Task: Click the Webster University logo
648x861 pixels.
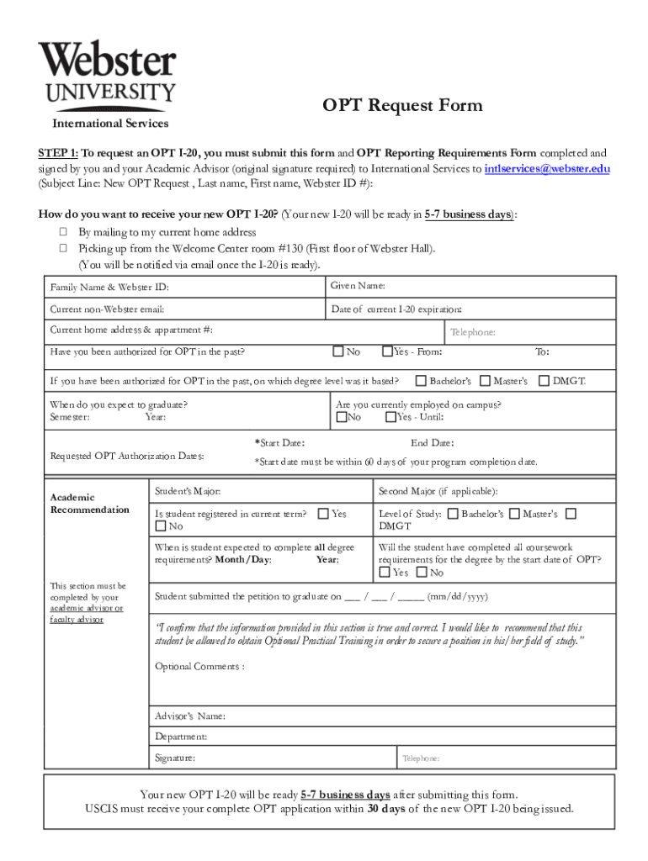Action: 106,76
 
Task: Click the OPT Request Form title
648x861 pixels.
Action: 403,105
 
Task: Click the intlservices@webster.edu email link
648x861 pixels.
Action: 547,168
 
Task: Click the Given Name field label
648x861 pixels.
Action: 359,287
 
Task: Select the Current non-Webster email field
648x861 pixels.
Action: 108,309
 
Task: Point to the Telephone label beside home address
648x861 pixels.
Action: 473,332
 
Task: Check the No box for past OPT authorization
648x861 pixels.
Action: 338,351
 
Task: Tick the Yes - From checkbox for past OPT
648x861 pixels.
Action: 387,351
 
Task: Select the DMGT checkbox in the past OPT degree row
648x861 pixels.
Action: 544,381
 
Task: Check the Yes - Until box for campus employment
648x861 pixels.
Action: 390,417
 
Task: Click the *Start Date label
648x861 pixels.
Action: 279,443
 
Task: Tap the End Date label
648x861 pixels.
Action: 432,443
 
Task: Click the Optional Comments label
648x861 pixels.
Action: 199,667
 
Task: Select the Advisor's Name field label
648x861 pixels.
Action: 189,716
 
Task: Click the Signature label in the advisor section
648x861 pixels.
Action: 175,758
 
